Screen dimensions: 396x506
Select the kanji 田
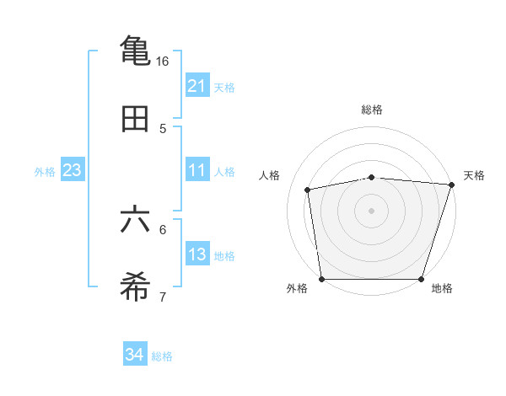(x=135, y=120)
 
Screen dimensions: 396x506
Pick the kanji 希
(x=135, y=287)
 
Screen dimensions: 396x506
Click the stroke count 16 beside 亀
(x=162, y=62)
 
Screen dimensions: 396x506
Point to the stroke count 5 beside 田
(x=163, y=129)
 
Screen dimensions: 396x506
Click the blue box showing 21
(x=196, y=86)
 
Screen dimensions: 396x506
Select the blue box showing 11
(x=196, y=170)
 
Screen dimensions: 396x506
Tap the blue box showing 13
(x=196, y=254)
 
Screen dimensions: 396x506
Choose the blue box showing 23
(x=72, y=170)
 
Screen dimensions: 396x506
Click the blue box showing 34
(x=135, y=355)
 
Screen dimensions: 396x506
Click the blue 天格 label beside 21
(x=224, y=87)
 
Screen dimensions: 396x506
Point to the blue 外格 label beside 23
(x=45, y=171)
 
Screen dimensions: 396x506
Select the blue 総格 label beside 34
(x=162, y=356)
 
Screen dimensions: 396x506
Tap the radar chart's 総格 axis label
(x=372, y=110)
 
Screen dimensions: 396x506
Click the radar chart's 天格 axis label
(x=474, y=175)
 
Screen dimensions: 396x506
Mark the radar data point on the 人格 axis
(x=308, y=190)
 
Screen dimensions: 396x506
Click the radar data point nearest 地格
(x=422, y=279)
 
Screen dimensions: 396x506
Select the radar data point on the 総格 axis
(x=372, y=177)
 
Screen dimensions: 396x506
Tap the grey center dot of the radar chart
(x=372, y=211)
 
